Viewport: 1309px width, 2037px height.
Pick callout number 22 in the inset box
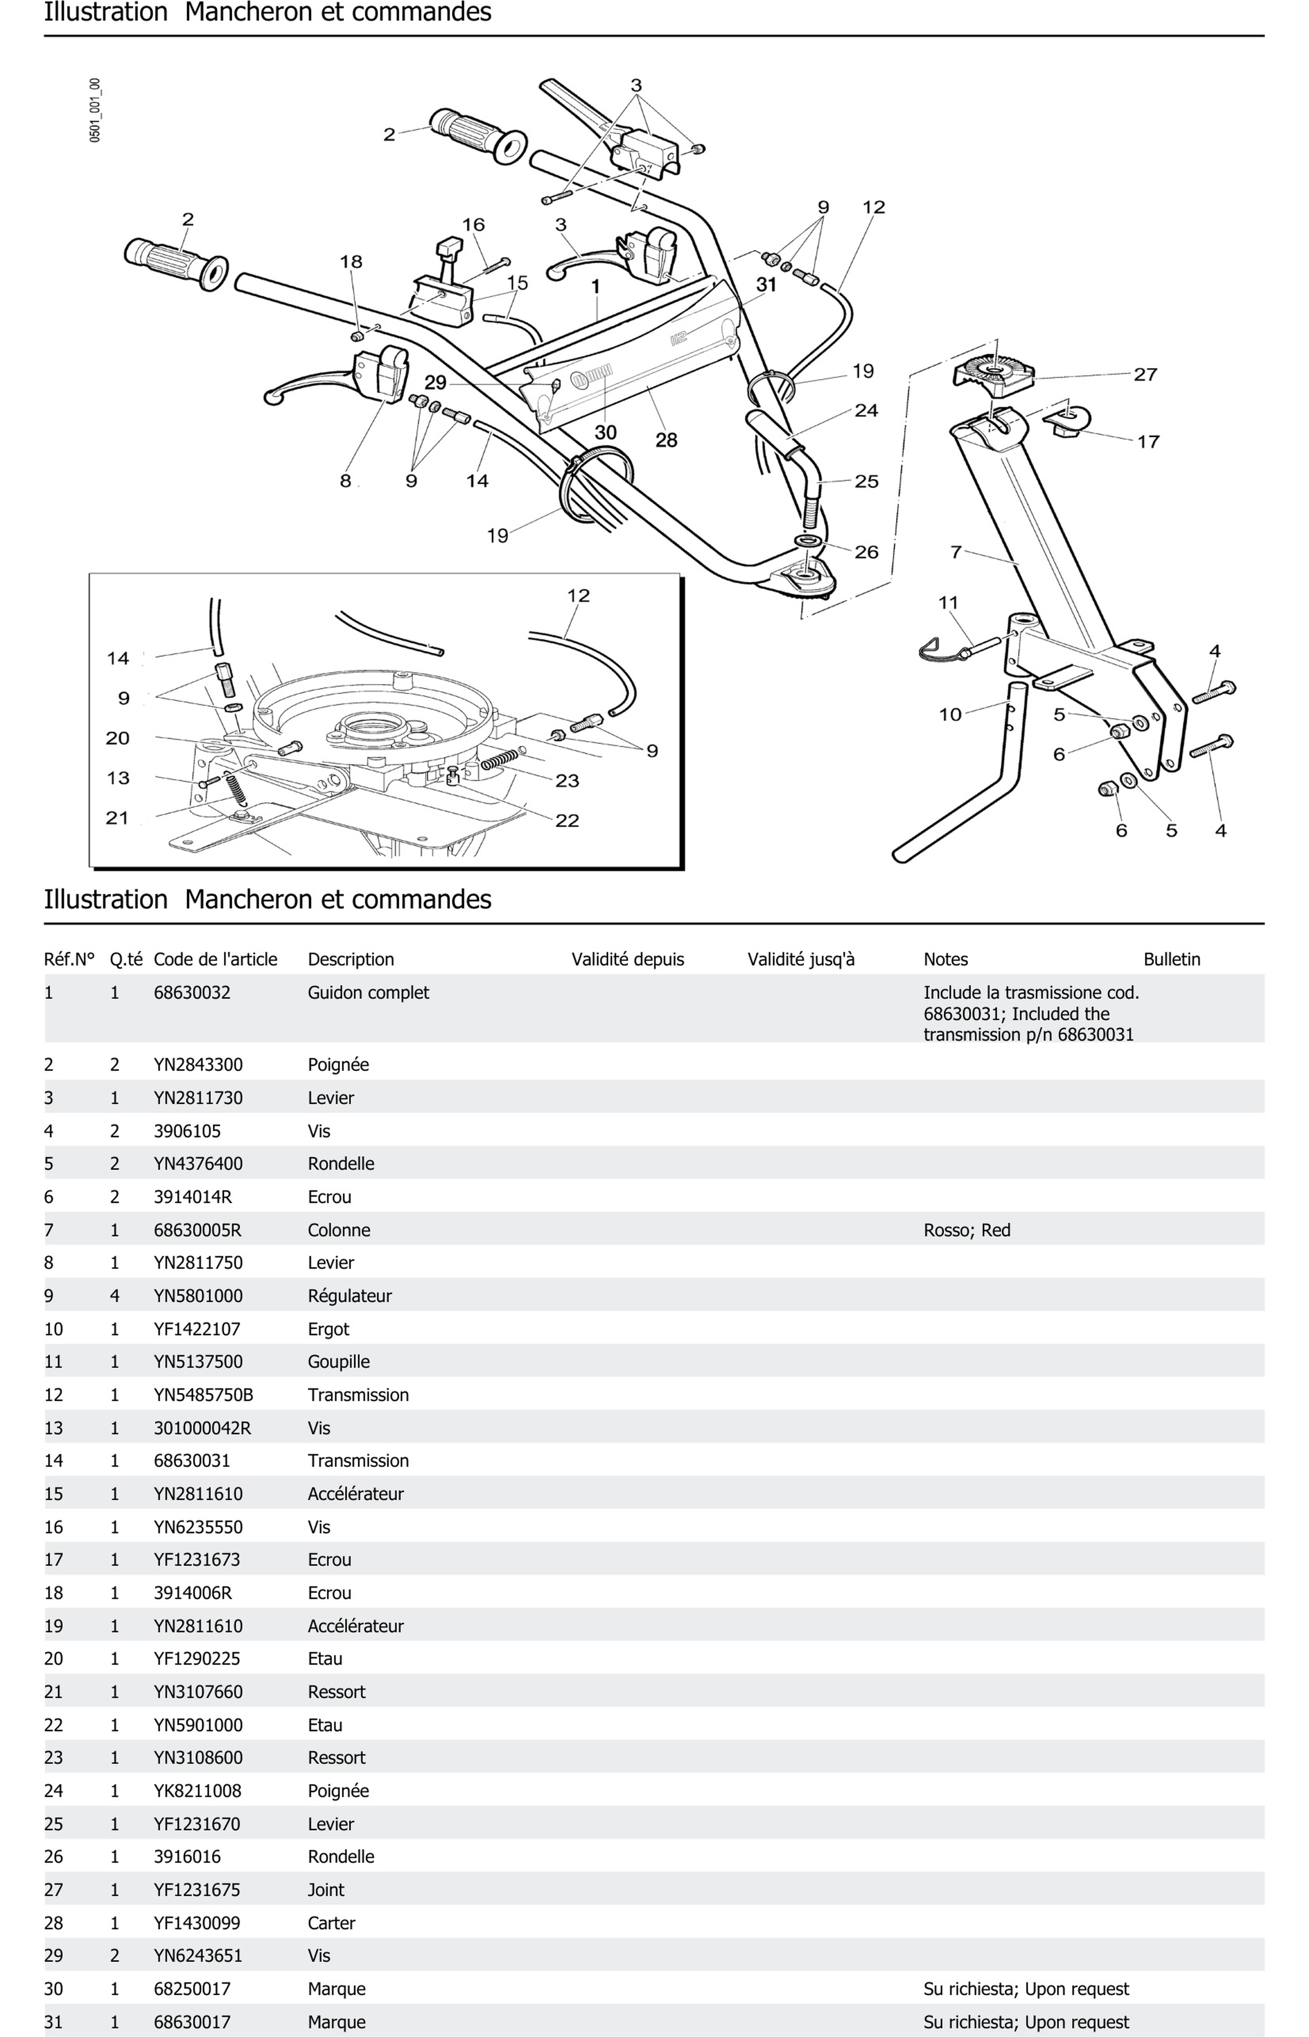(567, 821)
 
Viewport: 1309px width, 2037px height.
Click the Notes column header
(945, 959)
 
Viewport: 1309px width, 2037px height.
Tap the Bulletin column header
(1171, 959)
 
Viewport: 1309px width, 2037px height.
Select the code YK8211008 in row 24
(197, 1790)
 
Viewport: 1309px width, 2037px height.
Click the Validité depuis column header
(627, 959)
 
